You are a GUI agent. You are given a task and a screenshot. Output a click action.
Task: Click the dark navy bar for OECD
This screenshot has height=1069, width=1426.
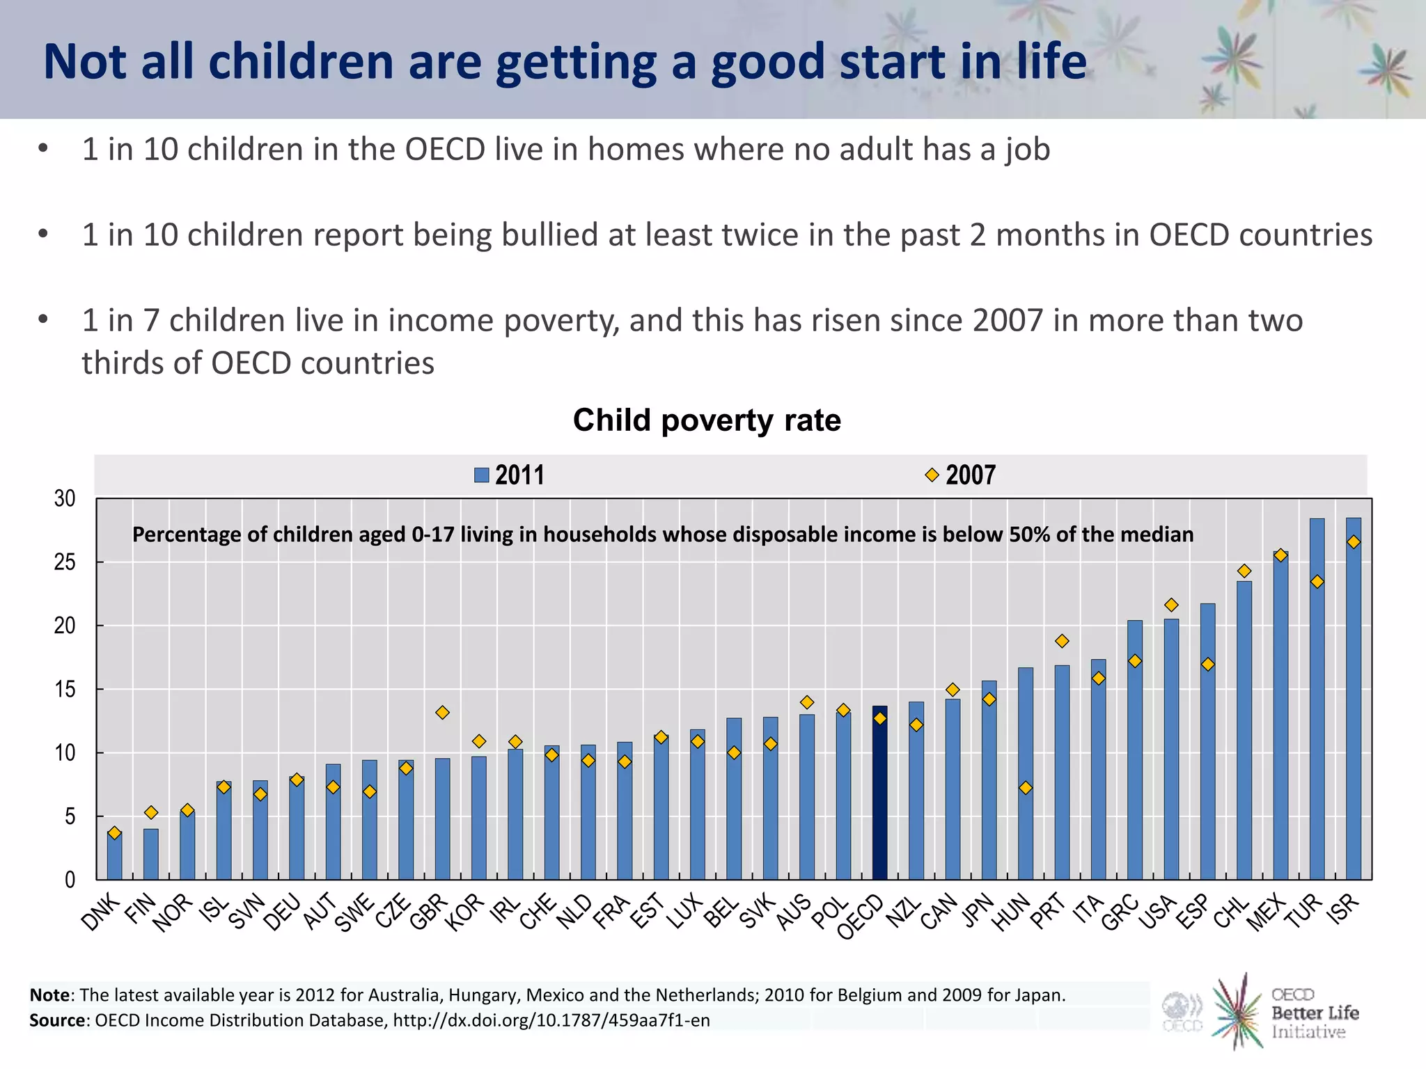point(879,793)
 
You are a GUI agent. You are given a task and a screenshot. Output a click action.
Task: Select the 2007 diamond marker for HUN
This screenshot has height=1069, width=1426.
point(1025,788)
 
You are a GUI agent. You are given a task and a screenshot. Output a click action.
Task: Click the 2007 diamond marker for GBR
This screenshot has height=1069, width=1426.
point(442,713)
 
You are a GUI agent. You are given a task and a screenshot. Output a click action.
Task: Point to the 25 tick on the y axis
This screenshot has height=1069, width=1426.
point(65,562)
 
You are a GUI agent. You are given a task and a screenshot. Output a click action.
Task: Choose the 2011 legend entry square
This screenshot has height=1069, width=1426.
point(481,475)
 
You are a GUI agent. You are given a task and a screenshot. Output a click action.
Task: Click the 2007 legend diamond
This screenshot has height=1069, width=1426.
point(932,475)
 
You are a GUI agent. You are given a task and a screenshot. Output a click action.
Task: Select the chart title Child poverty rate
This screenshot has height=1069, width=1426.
point(707,420)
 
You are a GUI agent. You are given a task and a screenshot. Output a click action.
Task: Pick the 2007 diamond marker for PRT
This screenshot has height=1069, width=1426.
point(1062,641)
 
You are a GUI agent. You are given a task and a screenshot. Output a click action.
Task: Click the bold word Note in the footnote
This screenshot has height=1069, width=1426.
point(49,995)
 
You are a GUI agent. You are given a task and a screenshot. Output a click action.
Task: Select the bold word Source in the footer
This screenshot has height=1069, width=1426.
point(58,1020)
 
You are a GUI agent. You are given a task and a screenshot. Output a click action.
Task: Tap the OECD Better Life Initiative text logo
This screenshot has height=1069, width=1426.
point(1314,1013)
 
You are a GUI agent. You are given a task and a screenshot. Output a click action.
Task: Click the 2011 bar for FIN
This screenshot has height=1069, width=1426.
point(151,854)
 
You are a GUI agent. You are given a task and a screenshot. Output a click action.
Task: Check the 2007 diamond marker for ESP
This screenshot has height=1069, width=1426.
point(1207,665)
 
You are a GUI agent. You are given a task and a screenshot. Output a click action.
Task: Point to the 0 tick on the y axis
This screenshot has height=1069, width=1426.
point(70,880)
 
